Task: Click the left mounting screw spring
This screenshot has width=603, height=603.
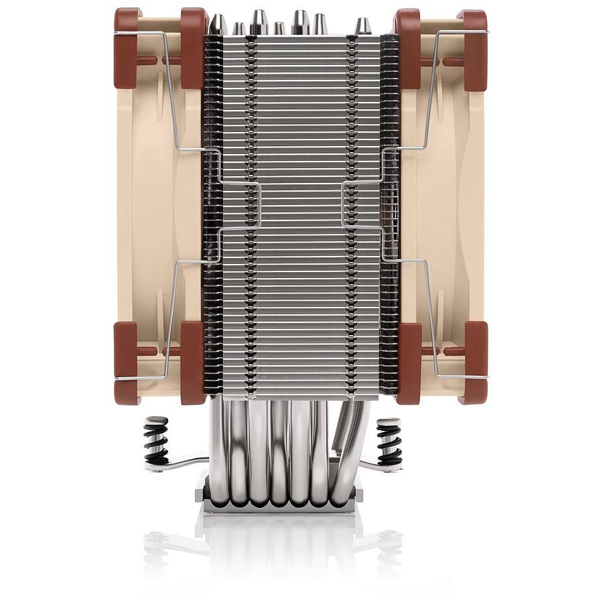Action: pyautogui.click(x=155, y=440)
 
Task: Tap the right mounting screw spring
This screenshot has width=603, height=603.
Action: pyautogui.click(x=389, y=440)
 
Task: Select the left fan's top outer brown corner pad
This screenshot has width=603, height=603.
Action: pyautogui.click(x=125, y=48)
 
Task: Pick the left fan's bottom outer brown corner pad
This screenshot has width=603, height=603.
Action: pyautogui.click(x=125, y=362)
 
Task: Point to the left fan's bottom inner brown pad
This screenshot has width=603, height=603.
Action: pyautogui.click(x=193, y=362)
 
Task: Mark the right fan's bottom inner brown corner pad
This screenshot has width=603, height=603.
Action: pyautogui.click(x=409, y=362)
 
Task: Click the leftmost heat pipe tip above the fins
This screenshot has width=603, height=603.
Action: pyautogui.click(x=218, y=25)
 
